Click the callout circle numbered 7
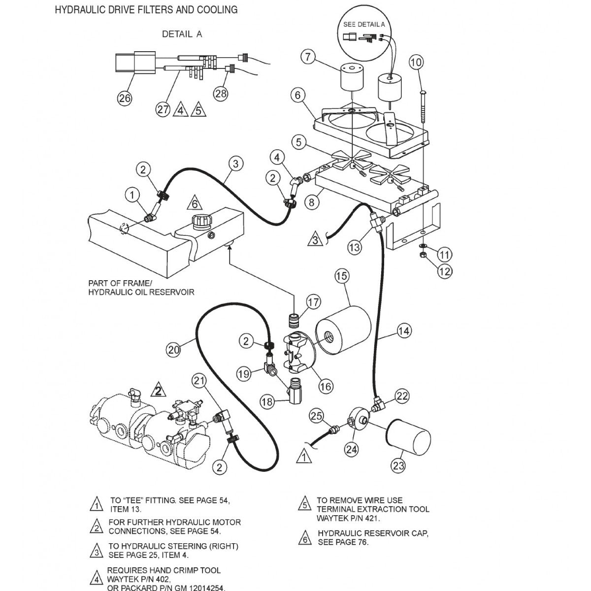308,57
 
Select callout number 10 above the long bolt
416,63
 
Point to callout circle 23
399,464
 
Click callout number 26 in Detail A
125,98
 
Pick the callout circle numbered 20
172,350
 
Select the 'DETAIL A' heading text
182,34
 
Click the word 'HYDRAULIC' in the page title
80,9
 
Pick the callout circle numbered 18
267,402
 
